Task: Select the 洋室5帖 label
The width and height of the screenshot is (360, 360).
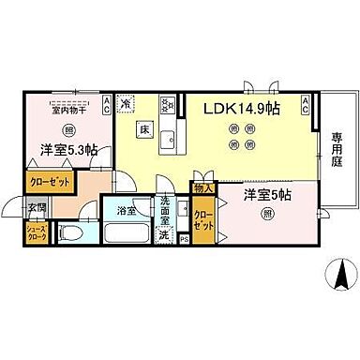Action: pyautogui.click(x=266, y=196)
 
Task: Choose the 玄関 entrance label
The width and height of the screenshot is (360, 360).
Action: pyautogui.click(x=36, y=208)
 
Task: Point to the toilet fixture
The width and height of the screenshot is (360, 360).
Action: pyautogui.click(x=68, y=234)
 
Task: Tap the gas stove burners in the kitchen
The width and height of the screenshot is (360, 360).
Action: pyautogui.click(x=168, y=105)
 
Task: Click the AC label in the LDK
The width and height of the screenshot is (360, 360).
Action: pyautogui.click(x=306, y=104)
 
